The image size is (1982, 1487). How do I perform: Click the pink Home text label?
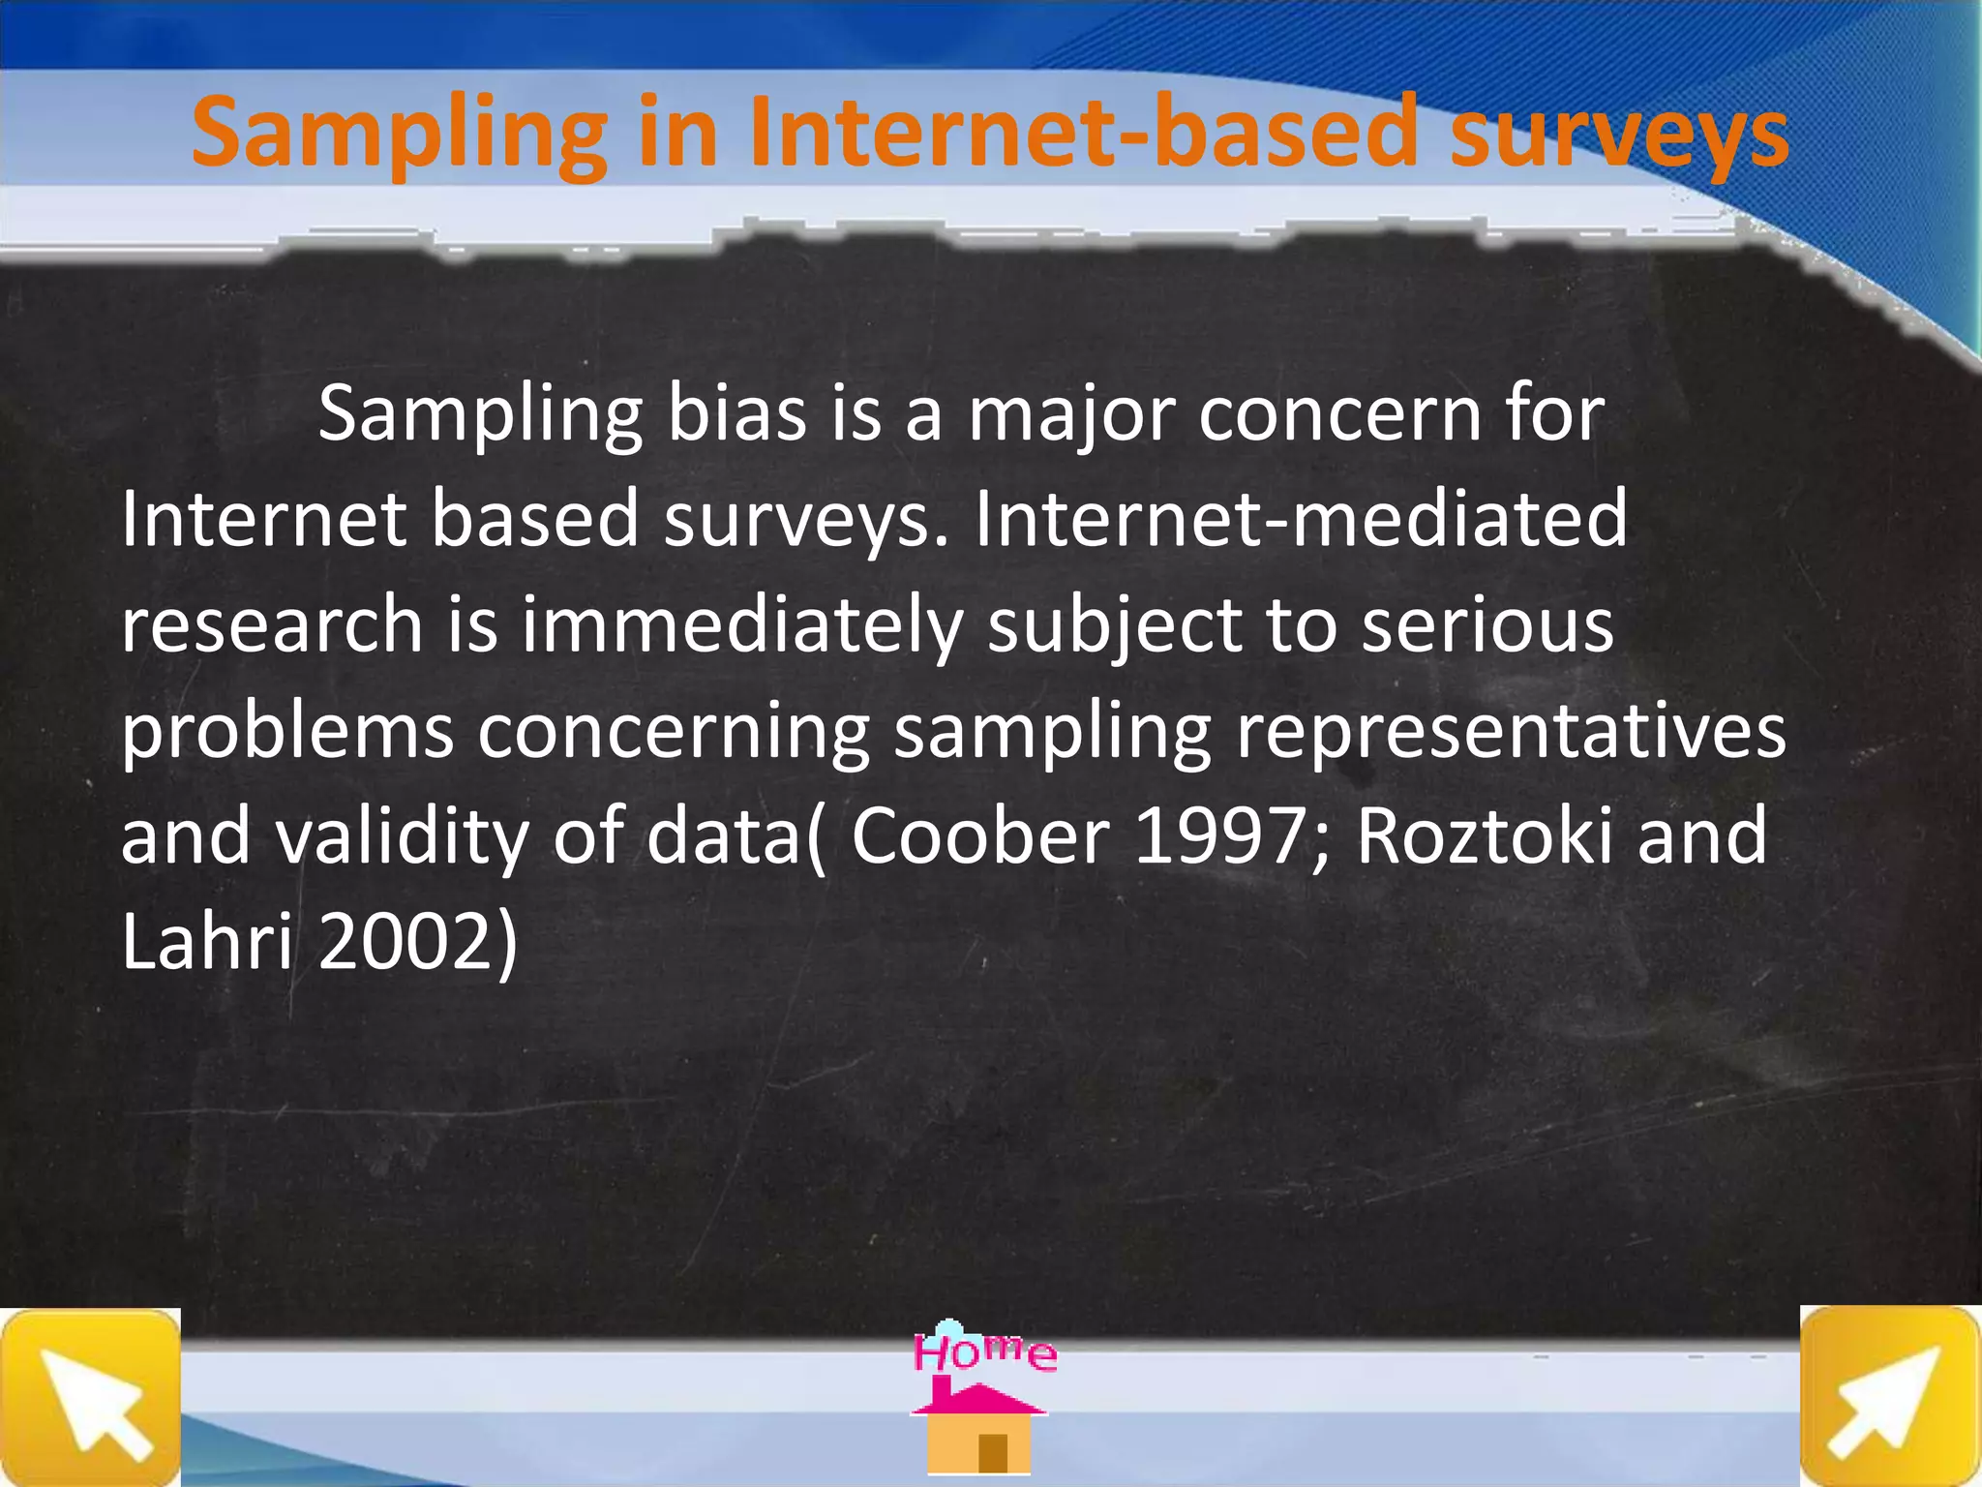[x=984, y=1351]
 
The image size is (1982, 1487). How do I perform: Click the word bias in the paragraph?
[x=737, y=414]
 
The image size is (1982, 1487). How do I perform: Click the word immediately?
[x=742, y=625]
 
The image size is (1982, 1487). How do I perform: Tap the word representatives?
[x=1511, y=731]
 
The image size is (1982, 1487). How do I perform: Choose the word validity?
[x=402, y=836]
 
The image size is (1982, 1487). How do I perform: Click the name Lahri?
[x=206, y=941]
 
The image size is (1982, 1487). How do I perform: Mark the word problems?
[x=287, y=731]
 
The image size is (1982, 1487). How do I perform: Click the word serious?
[x=1487, y=625]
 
